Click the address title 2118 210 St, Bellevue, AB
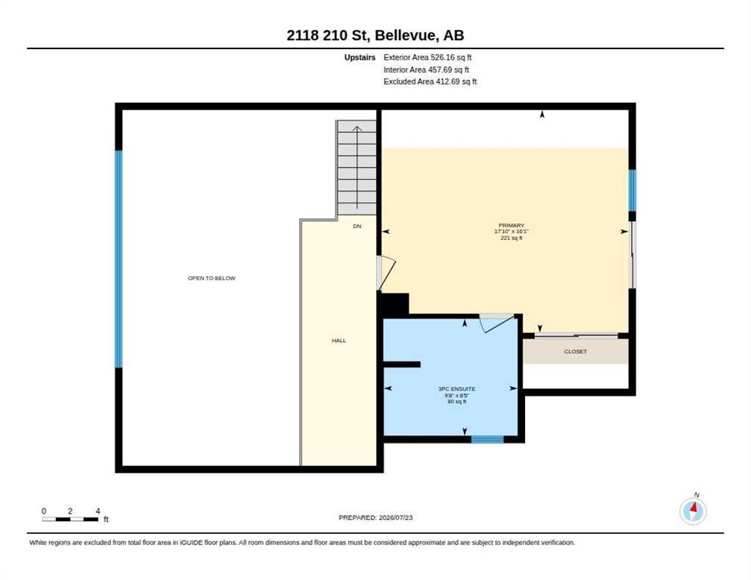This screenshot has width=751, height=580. tap(375, 35)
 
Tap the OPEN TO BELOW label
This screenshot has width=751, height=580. tap(212, 278)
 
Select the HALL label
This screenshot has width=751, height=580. tap(338, 341)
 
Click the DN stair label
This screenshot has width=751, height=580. tap(357, 226)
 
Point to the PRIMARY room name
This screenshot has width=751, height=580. tap(511, 225)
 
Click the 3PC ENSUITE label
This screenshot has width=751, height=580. tap(457, 389)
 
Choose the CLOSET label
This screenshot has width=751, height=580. tap(575, 351)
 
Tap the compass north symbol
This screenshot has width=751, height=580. tap(693, 511)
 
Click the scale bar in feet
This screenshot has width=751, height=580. tap(71, 519)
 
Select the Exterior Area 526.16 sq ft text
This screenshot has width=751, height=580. tap(427, 57)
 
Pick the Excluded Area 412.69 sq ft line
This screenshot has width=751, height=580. tap(430, 82)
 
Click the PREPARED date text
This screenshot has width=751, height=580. tap(375, 518)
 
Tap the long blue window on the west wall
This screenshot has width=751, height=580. tap(119, 259)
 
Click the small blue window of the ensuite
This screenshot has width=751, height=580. tap(487, 440)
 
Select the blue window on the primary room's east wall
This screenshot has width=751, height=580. tap(632, 190)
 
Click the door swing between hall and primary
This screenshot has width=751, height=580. tap(386, 273)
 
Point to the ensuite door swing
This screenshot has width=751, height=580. tap(497, 322)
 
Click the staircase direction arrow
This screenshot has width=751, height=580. tap(357, 168)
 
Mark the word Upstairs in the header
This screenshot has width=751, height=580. tap(360, 57)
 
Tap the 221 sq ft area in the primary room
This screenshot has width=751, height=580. tap(511, 238)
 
